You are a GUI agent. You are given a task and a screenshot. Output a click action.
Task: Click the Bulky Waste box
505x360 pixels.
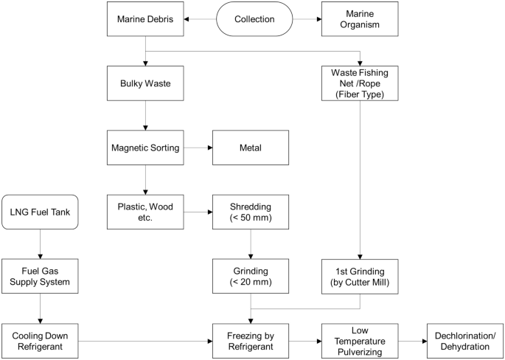(x=145, y=84)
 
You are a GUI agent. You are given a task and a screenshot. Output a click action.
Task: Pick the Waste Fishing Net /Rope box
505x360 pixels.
(x=359, y=84)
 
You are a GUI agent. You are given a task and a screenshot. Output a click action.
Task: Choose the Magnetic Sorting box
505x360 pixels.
(x=145, y=148)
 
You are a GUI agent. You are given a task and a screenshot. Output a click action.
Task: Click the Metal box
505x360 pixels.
(x=251, y=148)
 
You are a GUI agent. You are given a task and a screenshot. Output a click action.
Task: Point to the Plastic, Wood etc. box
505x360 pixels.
(x=145, y=212)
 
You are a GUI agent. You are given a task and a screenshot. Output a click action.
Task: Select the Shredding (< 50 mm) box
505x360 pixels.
(x=251, y=212)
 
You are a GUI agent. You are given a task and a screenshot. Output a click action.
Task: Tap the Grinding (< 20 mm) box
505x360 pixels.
(x=251, y=277)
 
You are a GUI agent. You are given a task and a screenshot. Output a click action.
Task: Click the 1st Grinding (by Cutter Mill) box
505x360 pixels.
(x=359, y=277)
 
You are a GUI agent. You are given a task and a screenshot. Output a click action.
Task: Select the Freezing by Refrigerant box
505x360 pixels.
(x=251, y=341)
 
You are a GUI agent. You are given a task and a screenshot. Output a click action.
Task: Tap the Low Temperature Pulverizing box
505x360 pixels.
(x=359, y=341)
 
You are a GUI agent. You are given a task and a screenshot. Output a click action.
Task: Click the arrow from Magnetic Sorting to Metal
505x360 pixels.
(x=198, y=148)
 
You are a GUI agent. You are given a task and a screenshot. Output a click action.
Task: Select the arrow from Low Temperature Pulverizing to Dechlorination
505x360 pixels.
(x=412, y=341)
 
